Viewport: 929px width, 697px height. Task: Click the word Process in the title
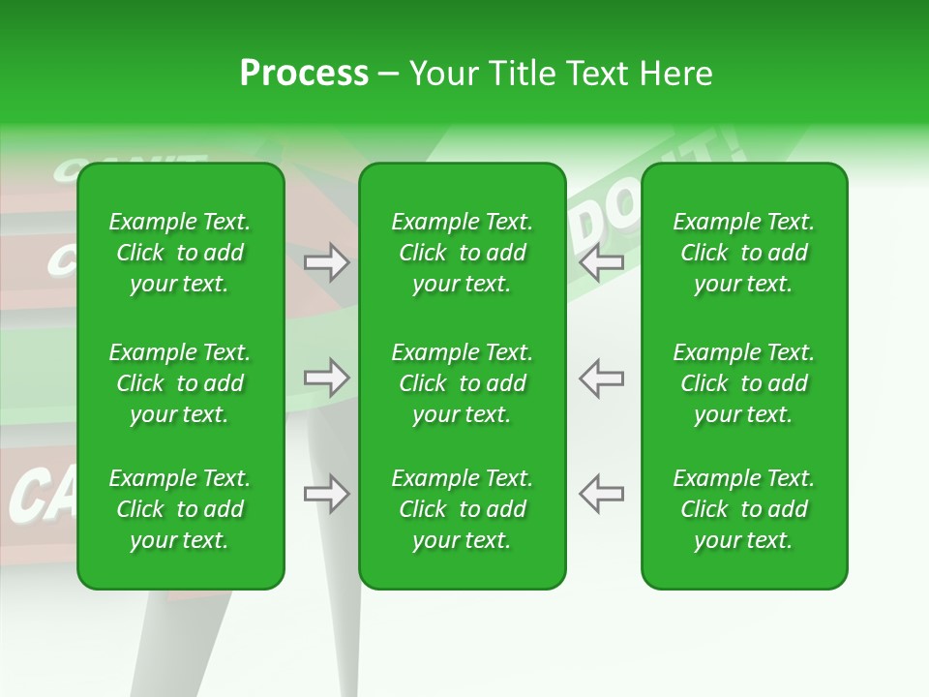click(x=304, y=74)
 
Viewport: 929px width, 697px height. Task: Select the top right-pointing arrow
click(x=327, y=262)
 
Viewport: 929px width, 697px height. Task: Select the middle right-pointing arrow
click(x=327, y=378)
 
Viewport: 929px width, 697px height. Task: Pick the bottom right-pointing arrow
click(x=327, y=494)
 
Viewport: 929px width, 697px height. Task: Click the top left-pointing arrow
click(x=601, y=262)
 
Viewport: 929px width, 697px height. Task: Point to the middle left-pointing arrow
click(x=601, y=378)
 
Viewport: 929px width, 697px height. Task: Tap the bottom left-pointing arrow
click(x=601, y=494)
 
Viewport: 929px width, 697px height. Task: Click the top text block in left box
click(x=180, y=253)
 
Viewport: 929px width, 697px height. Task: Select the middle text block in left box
click(x=180, y=383)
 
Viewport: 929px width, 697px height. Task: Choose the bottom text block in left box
click(x=180, y=509)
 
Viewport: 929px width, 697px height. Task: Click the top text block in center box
click(x=462, y=253)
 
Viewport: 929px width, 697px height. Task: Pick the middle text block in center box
click(x=462, y=383)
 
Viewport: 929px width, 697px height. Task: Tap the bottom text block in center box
click(x=462, y=509)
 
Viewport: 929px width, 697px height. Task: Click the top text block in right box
click(x=743, y=253)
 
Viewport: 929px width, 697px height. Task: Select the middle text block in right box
click(x=743, y=383)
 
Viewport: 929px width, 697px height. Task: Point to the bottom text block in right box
click(x=743, y=509)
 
